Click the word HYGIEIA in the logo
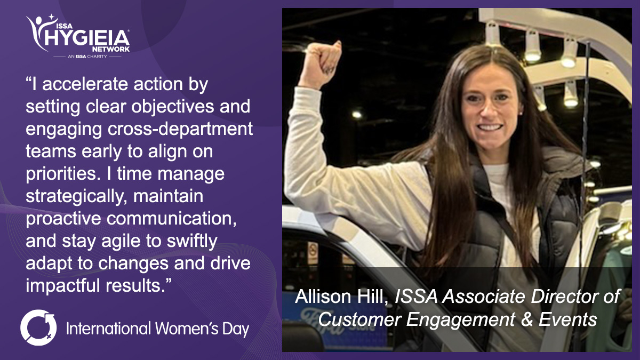point(87,38)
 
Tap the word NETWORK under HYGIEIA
point(111,49)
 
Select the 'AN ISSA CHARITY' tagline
point(87,57)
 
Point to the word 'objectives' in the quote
point(173,107)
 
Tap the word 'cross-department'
point(180,130)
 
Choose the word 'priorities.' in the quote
point(63,174)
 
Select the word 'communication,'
point(172,219)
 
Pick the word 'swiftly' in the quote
point(192,242)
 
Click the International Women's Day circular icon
point(38,327)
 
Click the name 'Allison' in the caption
point(323,297)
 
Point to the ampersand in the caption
point(527,319)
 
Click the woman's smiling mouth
point(490,127)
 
